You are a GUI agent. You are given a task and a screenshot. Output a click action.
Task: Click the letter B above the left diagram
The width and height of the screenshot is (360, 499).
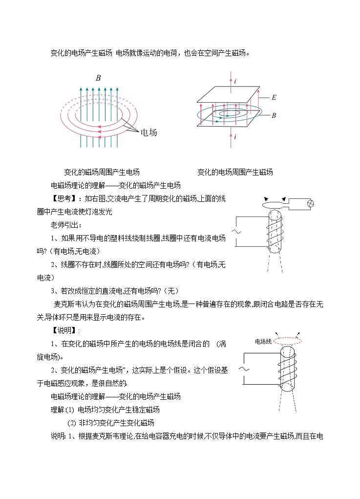coord(98,78)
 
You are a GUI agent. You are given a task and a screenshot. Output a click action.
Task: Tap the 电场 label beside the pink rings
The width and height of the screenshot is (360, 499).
coord(148,132)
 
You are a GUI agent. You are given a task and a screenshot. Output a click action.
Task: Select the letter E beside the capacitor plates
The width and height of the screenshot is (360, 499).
coord(274,98)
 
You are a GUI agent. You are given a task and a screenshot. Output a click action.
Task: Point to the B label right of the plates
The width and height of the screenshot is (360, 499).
coord(274,116)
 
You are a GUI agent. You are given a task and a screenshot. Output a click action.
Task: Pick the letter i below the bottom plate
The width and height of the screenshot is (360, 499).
coord(235,137)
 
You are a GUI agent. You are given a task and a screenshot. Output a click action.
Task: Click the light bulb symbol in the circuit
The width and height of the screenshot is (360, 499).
coord(309,203)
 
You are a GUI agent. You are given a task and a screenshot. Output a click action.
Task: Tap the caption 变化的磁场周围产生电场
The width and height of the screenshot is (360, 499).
coord(102,172)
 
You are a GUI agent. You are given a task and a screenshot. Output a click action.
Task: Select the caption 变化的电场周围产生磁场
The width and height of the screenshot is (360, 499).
coord(235,172)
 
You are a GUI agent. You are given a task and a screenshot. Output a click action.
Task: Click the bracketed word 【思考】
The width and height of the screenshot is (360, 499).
coord(64,198)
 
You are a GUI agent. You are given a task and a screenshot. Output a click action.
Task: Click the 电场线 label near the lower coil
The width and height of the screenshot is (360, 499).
coord(263,342)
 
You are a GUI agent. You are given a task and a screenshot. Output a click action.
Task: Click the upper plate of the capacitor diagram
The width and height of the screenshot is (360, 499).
coord(229,93)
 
